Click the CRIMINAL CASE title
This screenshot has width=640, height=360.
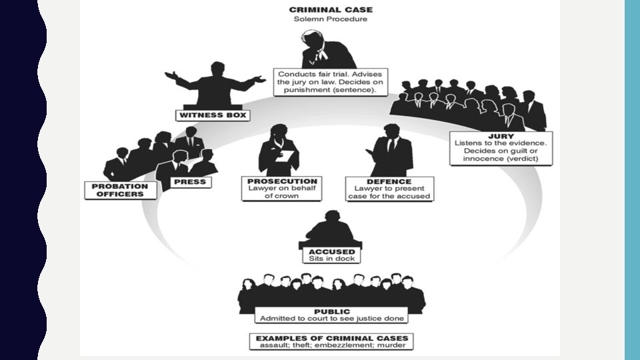(330, 10)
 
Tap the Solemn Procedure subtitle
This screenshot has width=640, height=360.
(330, 19)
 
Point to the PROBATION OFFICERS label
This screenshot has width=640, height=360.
(120, 190)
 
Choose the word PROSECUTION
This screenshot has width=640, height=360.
(283, 181)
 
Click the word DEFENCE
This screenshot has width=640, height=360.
(389, 181)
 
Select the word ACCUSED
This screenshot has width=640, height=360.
(331, 251)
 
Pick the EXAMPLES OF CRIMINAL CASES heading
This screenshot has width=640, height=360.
(331, 338)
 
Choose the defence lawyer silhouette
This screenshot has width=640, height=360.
(389, 153)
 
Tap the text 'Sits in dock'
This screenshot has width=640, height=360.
(331, 259)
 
